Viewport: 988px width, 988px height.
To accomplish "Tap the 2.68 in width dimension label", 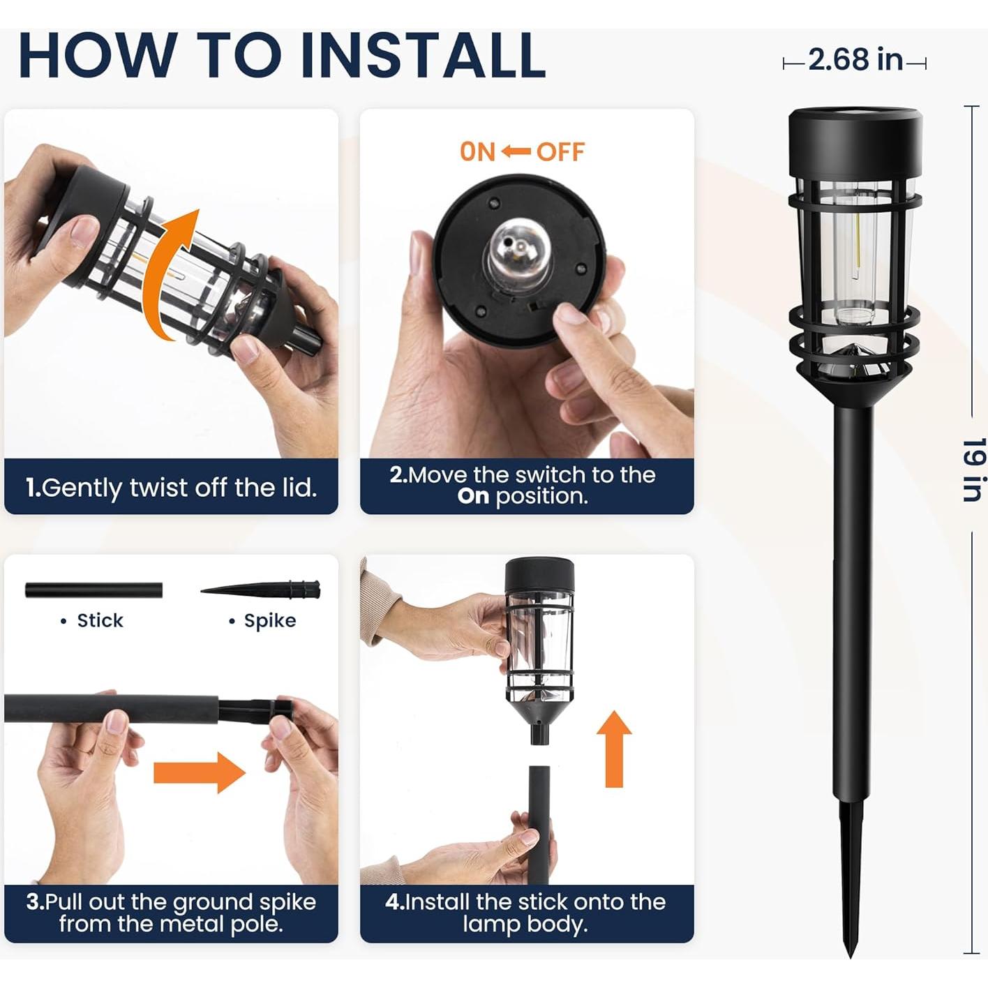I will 855,60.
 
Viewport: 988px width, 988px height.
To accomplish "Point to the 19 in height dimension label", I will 973,470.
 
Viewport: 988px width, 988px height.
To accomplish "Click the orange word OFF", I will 560,152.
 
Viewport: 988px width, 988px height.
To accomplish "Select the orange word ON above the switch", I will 477,152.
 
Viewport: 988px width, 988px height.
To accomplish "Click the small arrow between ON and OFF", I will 516,151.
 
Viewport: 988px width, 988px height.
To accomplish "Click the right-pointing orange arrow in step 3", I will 200,772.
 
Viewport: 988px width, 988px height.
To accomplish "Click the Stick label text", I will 99,620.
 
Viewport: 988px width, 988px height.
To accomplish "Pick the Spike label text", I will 269,620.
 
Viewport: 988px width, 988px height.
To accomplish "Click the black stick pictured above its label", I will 93,590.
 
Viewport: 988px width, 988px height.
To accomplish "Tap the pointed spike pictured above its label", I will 262,590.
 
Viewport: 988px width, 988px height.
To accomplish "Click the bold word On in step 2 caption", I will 473,497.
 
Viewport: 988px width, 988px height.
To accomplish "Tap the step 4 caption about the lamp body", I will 526,913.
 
